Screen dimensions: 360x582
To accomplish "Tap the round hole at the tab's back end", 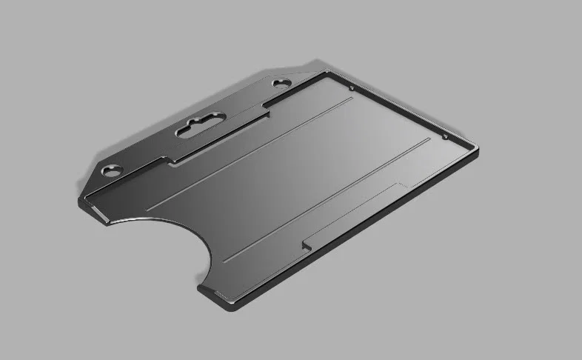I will point(282,83).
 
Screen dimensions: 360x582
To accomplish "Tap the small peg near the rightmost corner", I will point(444,136).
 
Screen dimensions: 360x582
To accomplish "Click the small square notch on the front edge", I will point(306,244).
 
